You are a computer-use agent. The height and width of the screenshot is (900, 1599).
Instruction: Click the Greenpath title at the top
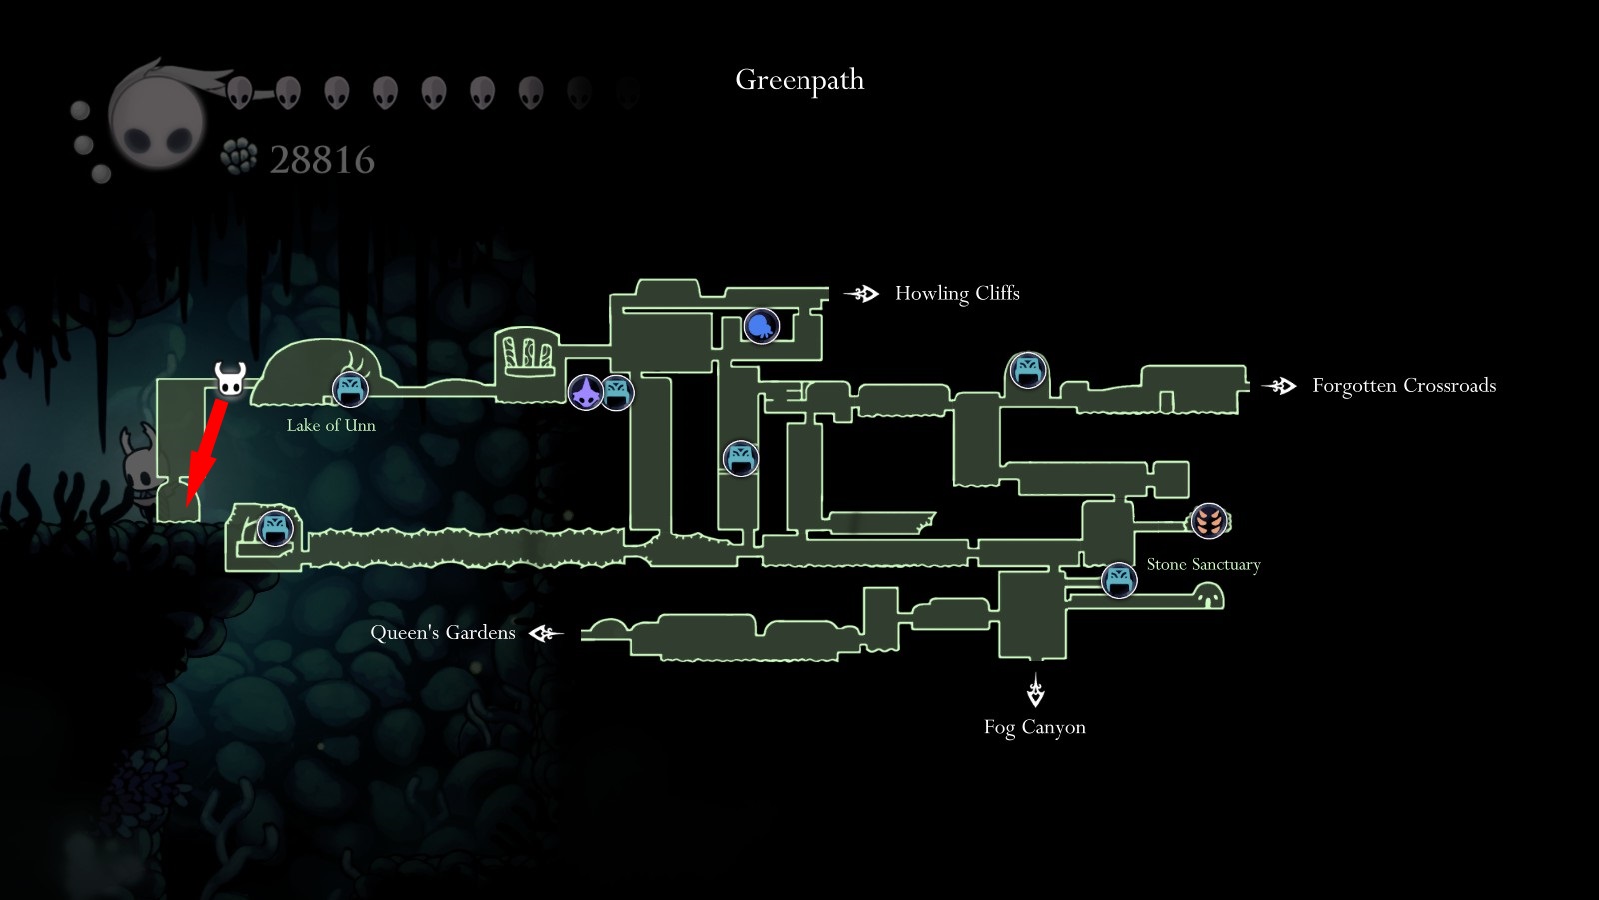point(799,80)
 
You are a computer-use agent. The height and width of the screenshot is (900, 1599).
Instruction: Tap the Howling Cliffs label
point(957,293)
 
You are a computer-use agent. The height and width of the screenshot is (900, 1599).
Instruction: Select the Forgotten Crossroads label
point(1403,386)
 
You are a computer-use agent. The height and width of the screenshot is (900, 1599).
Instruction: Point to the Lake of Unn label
point(331,425)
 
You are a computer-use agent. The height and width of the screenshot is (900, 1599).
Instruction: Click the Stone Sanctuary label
point(1203,565)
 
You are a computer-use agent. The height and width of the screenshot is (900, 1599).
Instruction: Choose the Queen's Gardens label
point(443,633)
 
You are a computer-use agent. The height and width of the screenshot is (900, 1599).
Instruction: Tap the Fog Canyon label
point(1034,727)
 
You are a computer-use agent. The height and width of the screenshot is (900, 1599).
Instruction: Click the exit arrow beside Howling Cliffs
point(862,293)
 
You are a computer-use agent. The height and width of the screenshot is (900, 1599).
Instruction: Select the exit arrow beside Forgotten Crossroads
point(1279,386)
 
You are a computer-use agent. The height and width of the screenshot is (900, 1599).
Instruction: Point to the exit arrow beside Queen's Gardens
point(547,633)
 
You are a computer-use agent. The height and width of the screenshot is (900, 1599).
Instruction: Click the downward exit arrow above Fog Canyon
point(1035,691)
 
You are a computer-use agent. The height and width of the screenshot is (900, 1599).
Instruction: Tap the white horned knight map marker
point(230,379)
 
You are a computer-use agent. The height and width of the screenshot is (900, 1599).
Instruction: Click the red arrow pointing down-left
point(203,449)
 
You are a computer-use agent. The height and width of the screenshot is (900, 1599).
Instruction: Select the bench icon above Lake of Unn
point(350,389)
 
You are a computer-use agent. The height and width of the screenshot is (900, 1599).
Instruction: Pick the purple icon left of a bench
point(585,392)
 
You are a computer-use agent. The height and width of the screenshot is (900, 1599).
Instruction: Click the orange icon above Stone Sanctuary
point(1209,521)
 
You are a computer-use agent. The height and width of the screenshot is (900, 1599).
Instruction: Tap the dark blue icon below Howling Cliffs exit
point(761,325)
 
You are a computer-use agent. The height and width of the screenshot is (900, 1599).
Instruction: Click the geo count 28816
point(322,160)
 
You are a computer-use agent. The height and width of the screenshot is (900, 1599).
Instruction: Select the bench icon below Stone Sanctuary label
point(1119,580)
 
